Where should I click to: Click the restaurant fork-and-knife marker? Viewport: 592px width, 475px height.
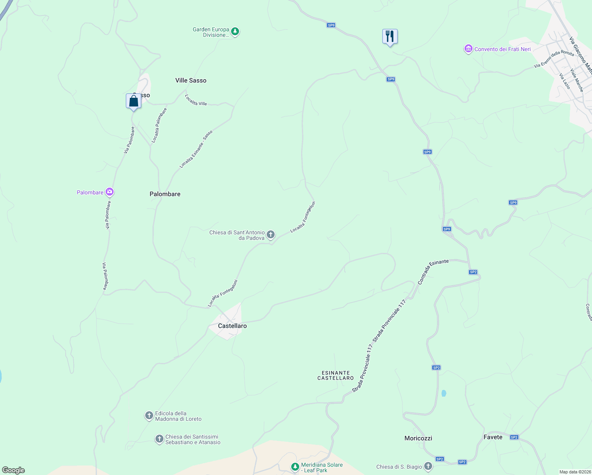click(x=390, y=36)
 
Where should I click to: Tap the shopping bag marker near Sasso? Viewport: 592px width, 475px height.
click(x=133, y=101)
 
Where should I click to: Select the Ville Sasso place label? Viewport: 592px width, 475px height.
click(x=191, y=80)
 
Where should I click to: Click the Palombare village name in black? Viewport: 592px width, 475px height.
click(x=165, y=194)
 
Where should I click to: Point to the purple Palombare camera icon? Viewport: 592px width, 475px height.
click(x=110, y=192)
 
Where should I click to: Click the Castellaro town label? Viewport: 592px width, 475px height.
click(x=232, y=326)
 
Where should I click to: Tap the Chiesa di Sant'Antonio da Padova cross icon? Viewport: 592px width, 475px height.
click(x=271, y=235)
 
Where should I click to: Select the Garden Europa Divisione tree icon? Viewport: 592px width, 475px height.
click(x=235, y=32)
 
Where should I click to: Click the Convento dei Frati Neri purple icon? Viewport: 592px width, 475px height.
click(x=469, y=49)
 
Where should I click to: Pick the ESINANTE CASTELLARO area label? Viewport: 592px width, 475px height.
click(x=336, y=375)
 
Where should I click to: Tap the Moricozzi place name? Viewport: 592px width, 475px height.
click(x=418, y=438)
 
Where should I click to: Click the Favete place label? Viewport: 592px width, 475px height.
click(x=493, y=437)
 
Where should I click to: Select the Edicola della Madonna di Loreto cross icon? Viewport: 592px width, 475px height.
click(x=149, y=416)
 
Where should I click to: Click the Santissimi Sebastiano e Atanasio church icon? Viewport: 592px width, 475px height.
click(x=159, y=439)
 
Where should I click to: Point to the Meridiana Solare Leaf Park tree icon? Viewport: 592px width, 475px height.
click(x=295, y=467)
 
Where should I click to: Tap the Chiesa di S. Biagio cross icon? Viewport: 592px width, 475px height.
click(x=428, y=466)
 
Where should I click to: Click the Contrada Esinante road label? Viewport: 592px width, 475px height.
click(x=433, y=272)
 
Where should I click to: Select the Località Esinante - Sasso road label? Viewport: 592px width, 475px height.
click(x=196, y=149)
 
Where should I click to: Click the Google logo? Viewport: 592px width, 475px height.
click(x=13, y=470)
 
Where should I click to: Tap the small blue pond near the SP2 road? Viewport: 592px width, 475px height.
click(x=444, y=393)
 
